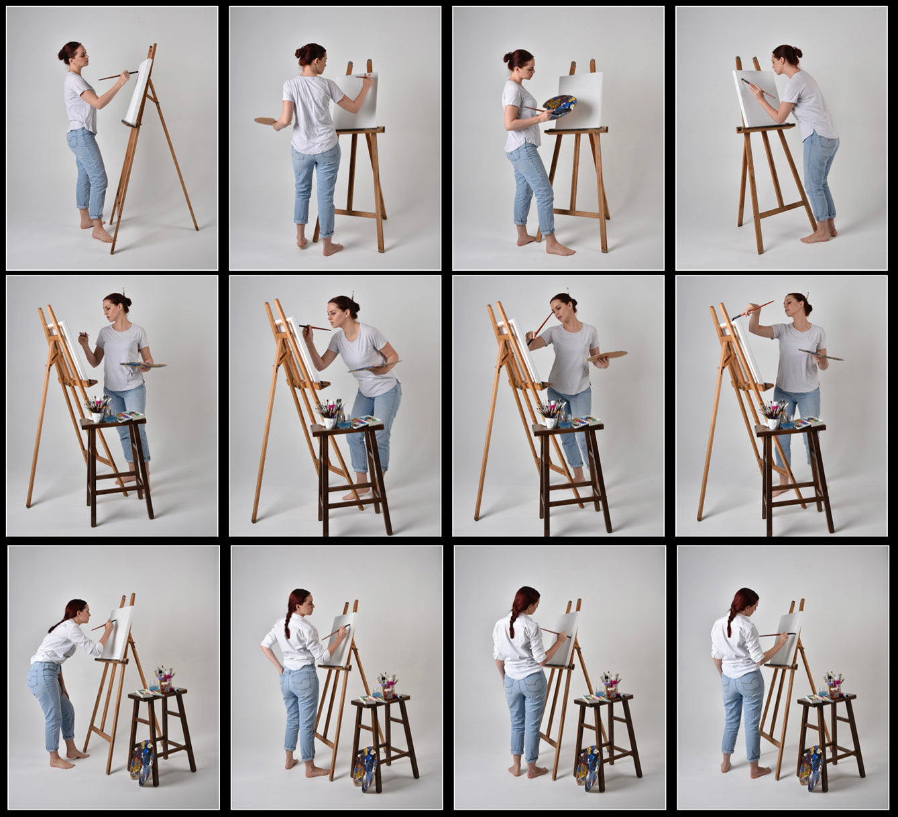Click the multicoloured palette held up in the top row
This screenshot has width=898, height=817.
click(559, 105)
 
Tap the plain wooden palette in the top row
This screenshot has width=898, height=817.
click(265, 121)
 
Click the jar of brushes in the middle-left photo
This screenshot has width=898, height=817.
click(98, 408)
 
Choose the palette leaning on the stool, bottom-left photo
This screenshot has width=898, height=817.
click(142, 761)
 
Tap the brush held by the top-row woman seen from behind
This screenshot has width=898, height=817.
click(363, 76)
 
